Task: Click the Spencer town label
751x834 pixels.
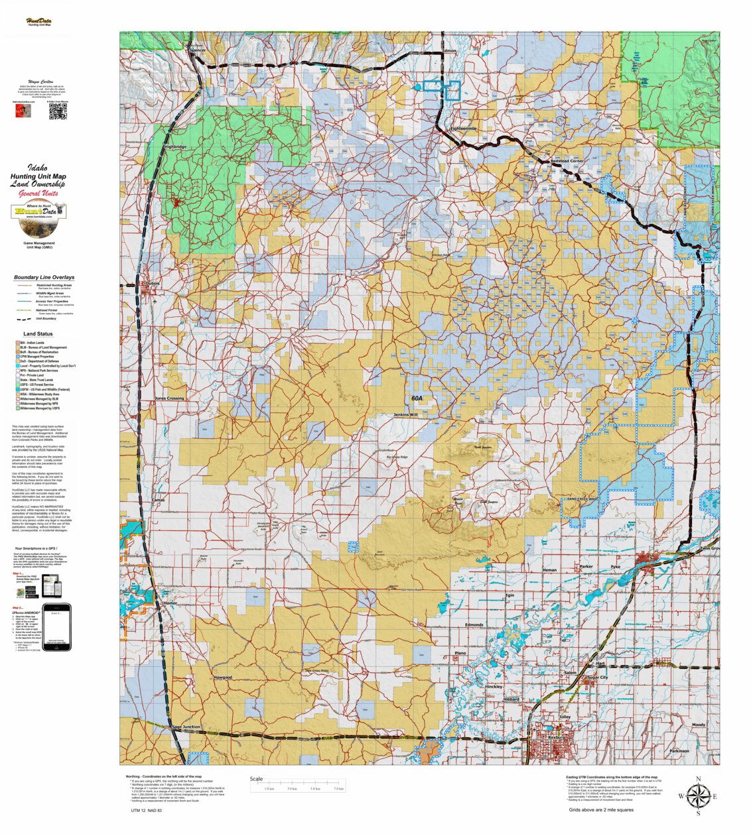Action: pyautogui.click(x=198, y=50)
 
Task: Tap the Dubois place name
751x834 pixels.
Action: pyautogui.click(x=153, y=284)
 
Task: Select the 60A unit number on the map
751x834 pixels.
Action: pyautogui.click(x=417, y=398)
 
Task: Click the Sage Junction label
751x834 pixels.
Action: pyautogui.click(x=186, y=727)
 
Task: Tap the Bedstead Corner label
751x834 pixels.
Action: pyautogui.click(x=567, y=161)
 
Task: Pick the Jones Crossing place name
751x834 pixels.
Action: pyautogui.click(x=169, y=398)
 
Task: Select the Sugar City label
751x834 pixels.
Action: pyautogui.click(x=597, y=678)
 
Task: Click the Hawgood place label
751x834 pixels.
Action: pyautogui.click(x=223, y=678)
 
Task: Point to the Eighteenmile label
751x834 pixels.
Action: pyautogui.click(x=464, y=128)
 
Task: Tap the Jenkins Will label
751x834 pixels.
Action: pyautogui.click(x=405, y=414)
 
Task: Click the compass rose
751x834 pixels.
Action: pyautogui.click(x=697, y=796)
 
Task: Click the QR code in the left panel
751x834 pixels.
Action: pyautogui.click(x=58, y=111)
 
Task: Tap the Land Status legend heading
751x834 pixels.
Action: pyautogui.click(x=38, y=334)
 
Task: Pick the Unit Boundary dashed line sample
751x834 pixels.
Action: pyautogui.click(x=23, y=319)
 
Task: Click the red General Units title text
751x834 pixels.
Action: pyautogui.click(x=38, y=194)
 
